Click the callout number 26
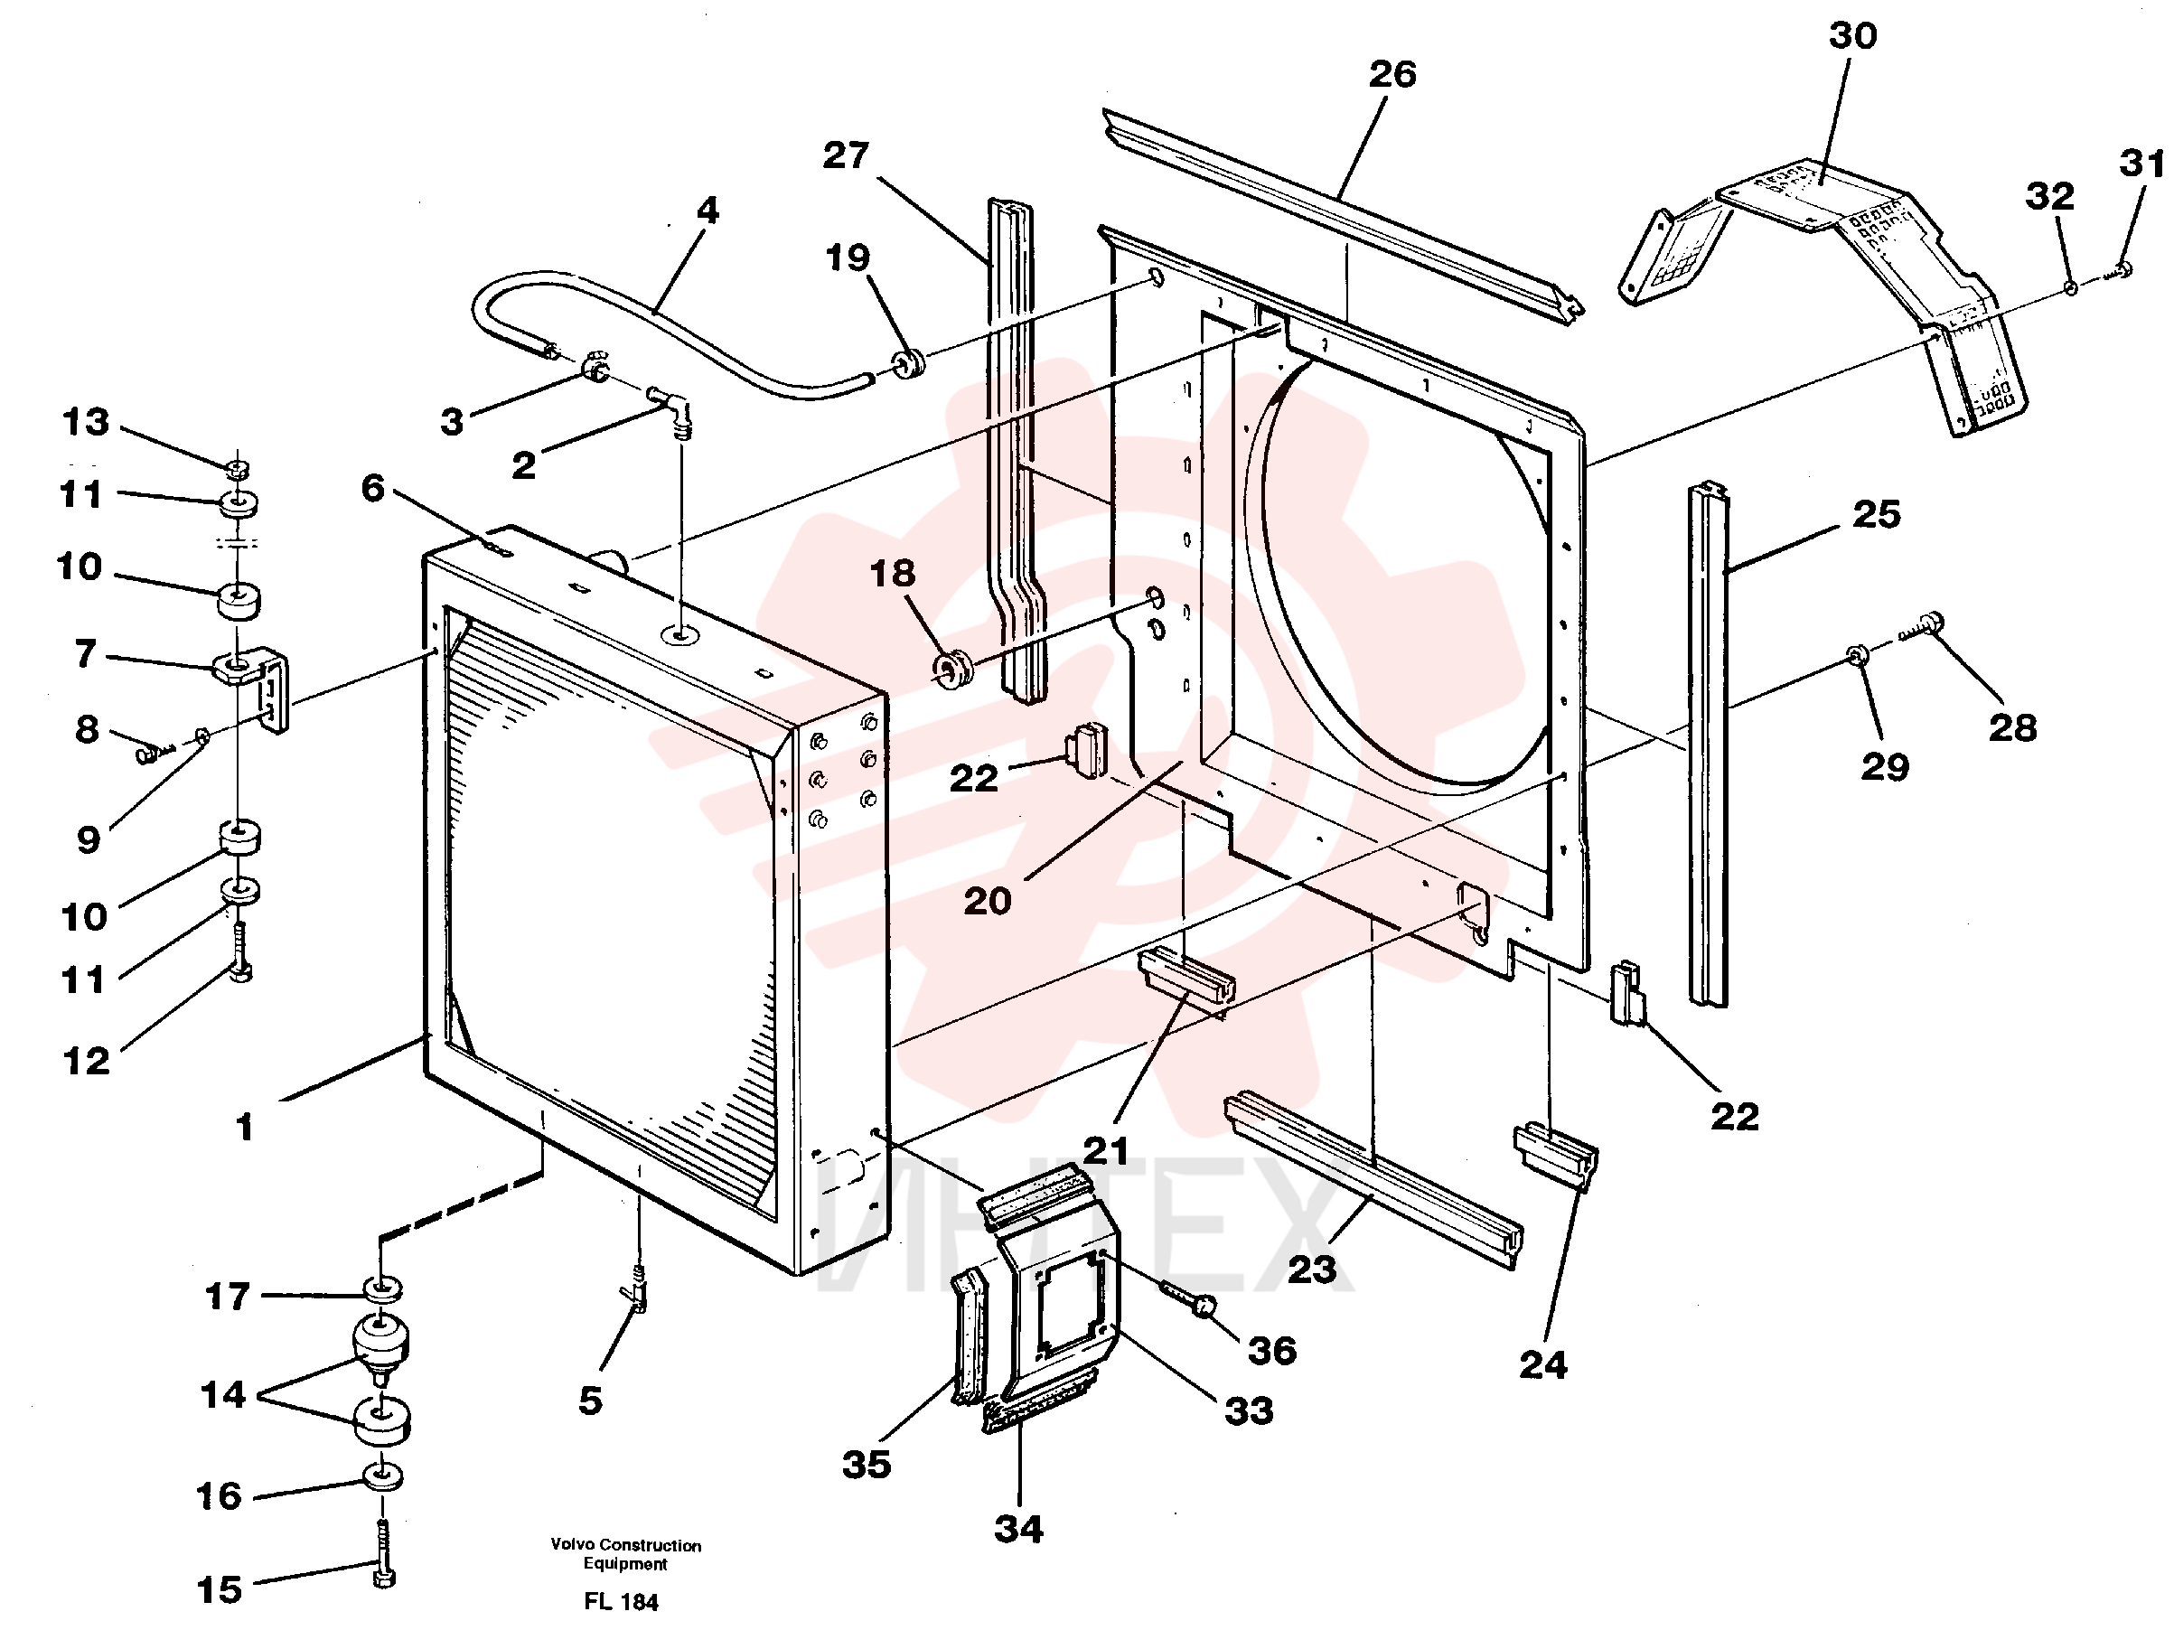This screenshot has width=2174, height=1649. [x=1392, y=74]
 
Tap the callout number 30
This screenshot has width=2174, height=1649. [x=1852, y=35]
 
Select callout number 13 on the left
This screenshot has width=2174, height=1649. [x=86, y=422]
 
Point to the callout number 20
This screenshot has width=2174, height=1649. [x=987, y=900]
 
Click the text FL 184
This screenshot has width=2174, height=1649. [x=621, y=1602]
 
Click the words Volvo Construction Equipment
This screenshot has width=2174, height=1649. [x=626, y=1554]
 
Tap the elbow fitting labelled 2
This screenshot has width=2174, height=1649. [x=672, y=408]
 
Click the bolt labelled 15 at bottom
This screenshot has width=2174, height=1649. [x=383, y=1552]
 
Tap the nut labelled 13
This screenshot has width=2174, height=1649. [x=237, y=467]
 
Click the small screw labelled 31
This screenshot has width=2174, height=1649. [x=2114, y=272]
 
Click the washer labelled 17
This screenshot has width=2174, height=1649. [x=383, y=1288]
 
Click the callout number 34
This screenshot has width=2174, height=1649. [x=1018, y=1529]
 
